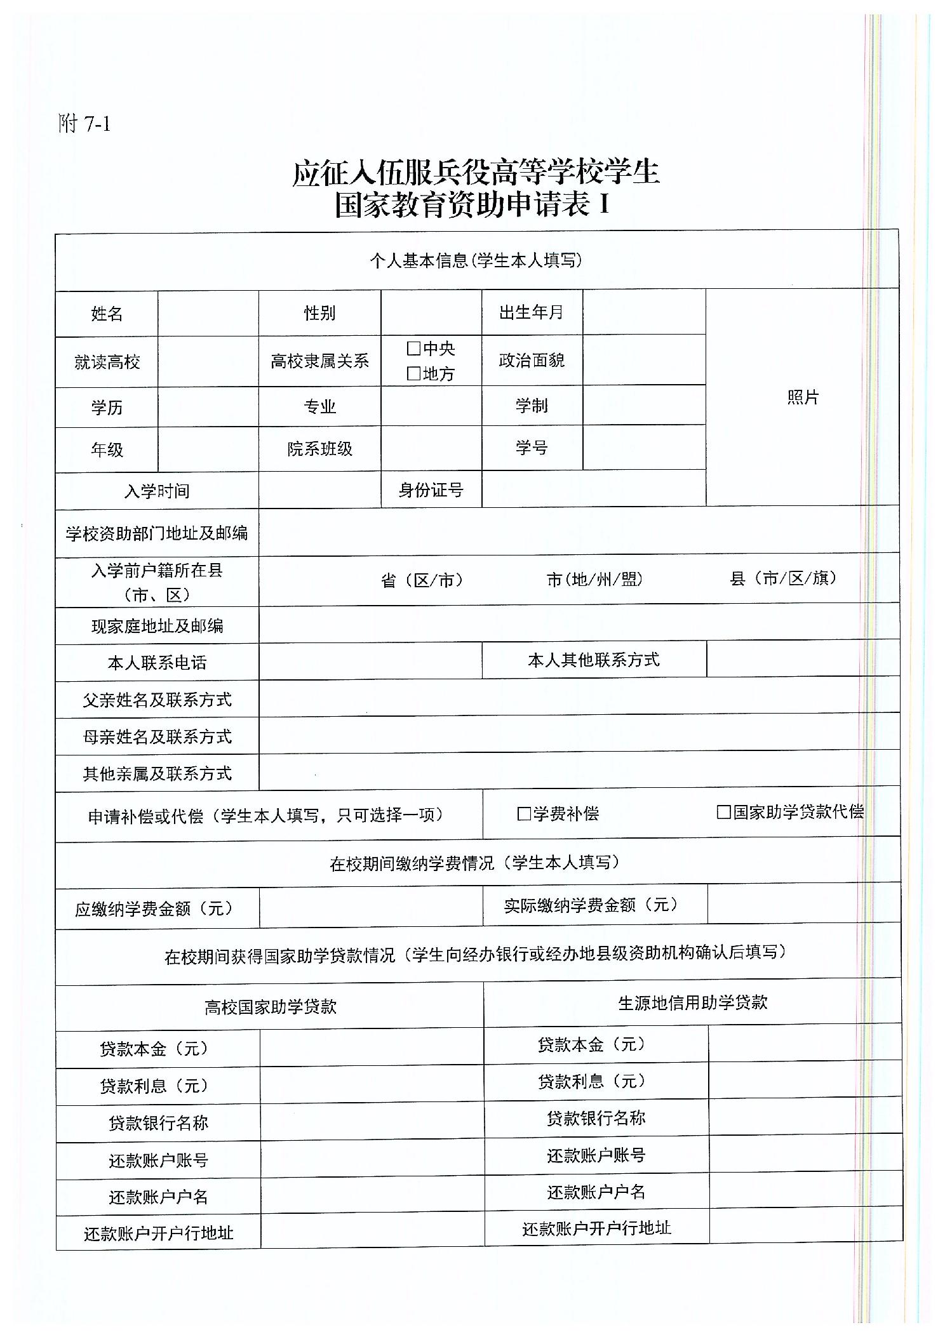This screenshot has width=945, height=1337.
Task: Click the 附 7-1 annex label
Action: pyautogui.click(x=84, y=124)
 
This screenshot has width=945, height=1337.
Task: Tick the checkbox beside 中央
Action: pyautogui.click(x=413, y=348)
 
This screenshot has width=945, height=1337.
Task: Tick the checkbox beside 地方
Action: pyautogui.click(x=413, y=373)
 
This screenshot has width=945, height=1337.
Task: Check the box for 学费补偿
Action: pyautogui.click(x=524, y=814)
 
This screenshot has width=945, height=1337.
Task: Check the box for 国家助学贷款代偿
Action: pyautogui.click(x=723, y=812)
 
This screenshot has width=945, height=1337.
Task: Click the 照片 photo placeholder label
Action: pyautogui.click(x=803, y=397)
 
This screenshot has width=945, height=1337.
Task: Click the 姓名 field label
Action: pyautogui.click(x=107, y=314)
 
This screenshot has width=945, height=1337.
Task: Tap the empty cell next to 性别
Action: pyautogui.click(x=431, y=312)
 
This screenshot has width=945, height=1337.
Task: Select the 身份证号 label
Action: pyautogui.click(x=431, y=489)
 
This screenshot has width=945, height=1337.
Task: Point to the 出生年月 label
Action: pyautogui.click(x=532, y=312)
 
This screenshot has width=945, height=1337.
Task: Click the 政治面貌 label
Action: pyautogui.click(x=532, y=361)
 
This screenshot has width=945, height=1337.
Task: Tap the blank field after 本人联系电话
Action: pyautogui.click(x=370, y=661)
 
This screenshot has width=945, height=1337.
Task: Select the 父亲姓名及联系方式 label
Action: pyautogui.click(x=157, y=700)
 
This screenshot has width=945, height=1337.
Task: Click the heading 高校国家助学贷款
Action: pyautogui.click(x=270, y=1007)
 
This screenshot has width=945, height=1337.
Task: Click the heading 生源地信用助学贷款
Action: pyautogui.click(x=692, y=1002)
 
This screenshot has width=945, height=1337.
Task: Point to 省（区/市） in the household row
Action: pyautogui.click(x=422, y=580)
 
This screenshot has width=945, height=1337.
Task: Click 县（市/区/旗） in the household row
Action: pyautogui.click(x=784, y=578)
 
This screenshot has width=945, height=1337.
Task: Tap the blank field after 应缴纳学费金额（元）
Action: pyautogui.click(x=370, y=907)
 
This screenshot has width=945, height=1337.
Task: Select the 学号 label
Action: pyautogui.click(x=532, y=448)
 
